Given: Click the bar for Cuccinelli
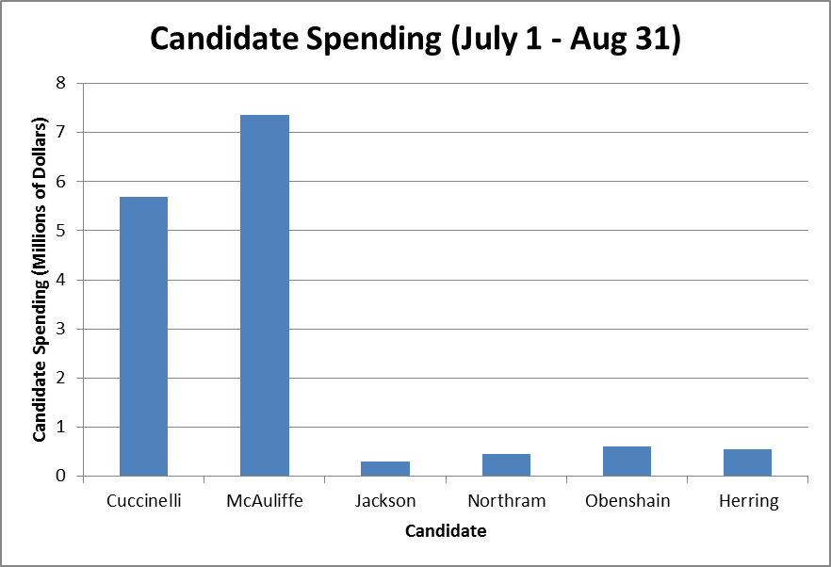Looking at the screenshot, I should click(143, 336).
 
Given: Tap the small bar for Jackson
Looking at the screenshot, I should click(385, 468).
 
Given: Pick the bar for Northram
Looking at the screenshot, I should click(506, 464).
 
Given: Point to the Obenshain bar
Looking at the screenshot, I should click(627, 461).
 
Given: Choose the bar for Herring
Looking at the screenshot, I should click(748, 462).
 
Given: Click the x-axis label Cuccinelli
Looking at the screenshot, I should click(143, 500).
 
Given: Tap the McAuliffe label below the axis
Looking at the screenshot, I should click(265, 500).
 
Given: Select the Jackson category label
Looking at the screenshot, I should click(385, 500).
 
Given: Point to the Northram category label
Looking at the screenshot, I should click(506, 500).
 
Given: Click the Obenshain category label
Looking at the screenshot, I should click(627, 500).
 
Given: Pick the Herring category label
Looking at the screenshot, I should click(750, 501).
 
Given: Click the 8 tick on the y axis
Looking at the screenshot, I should click(61, 83).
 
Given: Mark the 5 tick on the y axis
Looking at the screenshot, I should click(61, 230).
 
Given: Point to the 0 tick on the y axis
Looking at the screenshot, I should click(61, 476).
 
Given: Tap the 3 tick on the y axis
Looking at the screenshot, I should click(61, 329).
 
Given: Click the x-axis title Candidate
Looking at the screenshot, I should click(446, 531).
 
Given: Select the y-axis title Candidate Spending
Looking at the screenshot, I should click(41, 280).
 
